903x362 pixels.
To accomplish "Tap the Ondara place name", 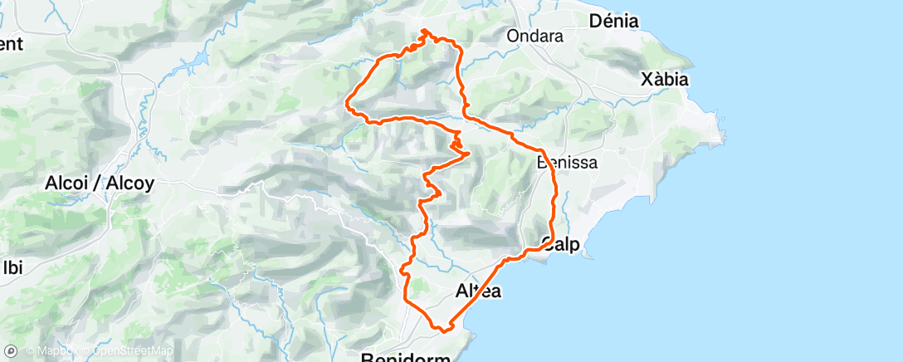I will coord(534,37).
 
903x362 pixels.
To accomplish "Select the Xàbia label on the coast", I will coord(665,80).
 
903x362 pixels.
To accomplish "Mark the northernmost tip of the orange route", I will coord(425,31).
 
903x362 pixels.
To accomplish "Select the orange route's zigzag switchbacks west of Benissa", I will coord(458,144).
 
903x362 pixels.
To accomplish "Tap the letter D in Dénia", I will coord(594,22).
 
